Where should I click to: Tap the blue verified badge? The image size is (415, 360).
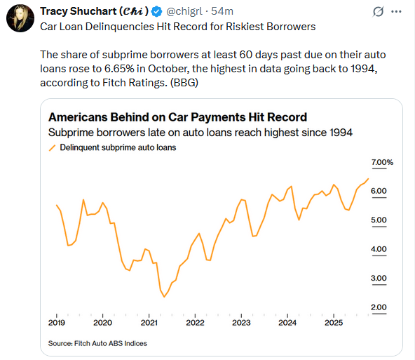157,11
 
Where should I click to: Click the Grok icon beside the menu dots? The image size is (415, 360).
376,11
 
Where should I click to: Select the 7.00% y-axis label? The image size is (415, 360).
382,162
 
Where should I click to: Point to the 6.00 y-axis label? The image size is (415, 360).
379,192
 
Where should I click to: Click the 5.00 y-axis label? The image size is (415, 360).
379,220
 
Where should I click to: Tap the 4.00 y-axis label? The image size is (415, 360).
379,250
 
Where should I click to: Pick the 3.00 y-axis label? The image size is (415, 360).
379,279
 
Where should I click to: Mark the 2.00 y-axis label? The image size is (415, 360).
379,307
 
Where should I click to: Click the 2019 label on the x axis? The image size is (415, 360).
56,323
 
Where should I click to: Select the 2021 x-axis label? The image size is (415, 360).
149,323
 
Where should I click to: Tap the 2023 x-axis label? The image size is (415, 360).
241,323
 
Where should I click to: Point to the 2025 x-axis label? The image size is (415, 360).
333,323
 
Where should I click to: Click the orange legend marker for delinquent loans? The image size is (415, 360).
52,148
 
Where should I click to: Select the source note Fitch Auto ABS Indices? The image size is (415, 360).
97,343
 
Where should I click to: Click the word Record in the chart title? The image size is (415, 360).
285,117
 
